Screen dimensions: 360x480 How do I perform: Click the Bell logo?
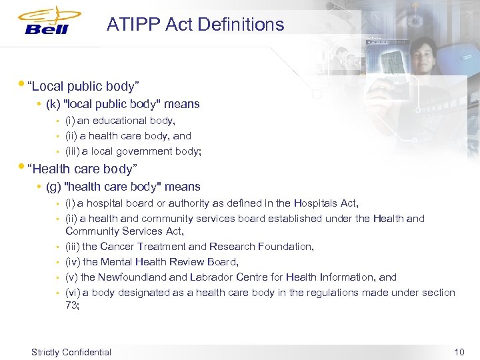[x=51, y=22]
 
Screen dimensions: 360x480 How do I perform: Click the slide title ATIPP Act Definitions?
[x=195, y=25]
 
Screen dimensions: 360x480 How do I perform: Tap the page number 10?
[x=458, y=352]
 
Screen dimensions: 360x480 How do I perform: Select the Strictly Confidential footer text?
[x=71, y=352]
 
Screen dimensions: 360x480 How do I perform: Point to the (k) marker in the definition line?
[x=53, y=104]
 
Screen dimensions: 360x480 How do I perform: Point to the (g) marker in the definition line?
[x=53, y=187]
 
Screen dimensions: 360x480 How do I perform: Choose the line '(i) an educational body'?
[x=120, y=121]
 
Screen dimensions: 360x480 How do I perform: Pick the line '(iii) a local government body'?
[x=133, y=151]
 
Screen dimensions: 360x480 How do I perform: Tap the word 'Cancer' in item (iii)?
[x=115, y=247]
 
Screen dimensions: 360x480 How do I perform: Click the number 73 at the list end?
[x=71, y=305]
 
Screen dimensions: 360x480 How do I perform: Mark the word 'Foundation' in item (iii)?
[x=287, y=247]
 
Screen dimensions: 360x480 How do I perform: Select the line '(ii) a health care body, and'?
[x=128, y=136]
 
